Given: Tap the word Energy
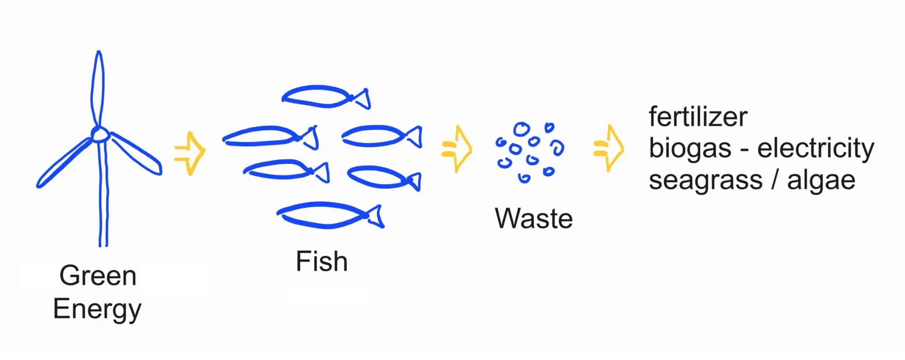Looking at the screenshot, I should click(x=97, y=309).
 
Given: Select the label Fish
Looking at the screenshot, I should click(x=322, y=261).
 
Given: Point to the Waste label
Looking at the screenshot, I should click(x=534, y=218).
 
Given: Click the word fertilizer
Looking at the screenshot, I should click(x=698, y=117).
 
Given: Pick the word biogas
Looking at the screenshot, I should click(x=690, y=148).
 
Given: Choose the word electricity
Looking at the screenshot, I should click(x=816, y=148).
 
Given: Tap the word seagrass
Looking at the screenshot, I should click(x=706, y=180).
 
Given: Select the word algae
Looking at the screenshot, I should click(x=821, y=180).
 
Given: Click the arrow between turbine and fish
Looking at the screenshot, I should click(x=190, y=153).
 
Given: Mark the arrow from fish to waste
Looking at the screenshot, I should click(x=457, y=149).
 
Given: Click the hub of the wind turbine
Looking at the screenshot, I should click(x=100, y=134).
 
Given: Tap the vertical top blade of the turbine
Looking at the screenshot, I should click(x=98, y=88).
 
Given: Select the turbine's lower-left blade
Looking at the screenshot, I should click(x=64, y=163).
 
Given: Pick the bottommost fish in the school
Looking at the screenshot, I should click(x=323, y=215).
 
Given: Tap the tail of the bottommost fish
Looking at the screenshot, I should click(x=376, y=216).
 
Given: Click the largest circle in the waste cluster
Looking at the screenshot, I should click(x=521, y=129).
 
